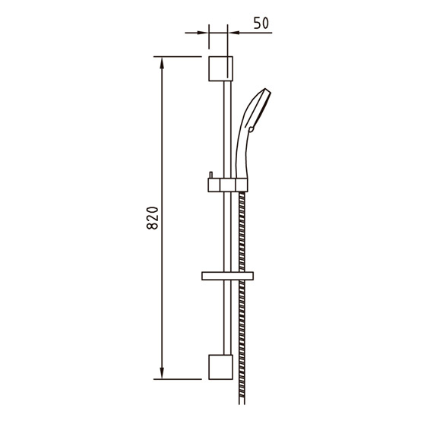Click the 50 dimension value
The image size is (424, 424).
[x=261, y=23]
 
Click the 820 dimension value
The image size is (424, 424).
[x=152, y=218]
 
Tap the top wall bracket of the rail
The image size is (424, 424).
[x=220, y=68]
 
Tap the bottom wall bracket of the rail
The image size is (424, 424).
[x=220, y=367]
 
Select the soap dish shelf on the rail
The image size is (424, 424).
[x=227, y=276]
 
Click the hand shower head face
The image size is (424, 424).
[x=261, y=108]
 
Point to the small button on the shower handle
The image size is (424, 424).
[x=251, y=129]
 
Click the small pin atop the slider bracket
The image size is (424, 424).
[x=211, y=175]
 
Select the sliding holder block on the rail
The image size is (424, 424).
[x=227, y=185]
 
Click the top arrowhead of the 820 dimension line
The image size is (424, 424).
[x=162, y=62]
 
